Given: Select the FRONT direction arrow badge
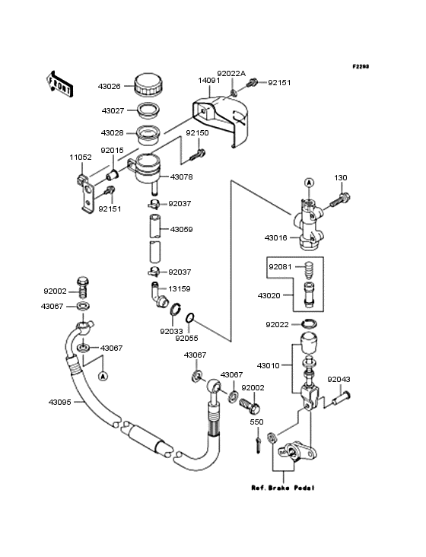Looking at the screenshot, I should pos(60,83).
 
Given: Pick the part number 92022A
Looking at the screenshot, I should pos(233,74).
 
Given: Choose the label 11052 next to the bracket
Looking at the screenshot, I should pos(81,157).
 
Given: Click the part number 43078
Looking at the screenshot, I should pos(181,177).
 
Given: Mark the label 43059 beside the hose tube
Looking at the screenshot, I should pos(181,229).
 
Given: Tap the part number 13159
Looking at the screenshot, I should pos(180,289).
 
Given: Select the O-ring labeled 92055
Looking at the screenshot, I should pos(214,317).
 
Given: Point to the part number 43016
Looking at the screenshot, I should pos(275,238).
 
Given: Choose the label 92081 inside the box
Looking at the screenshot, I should pos(278,267).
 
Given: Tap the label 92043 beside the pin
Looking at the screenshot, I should pos(339,378).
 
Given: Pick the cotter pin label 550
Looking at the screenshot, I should pos(257,422).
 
